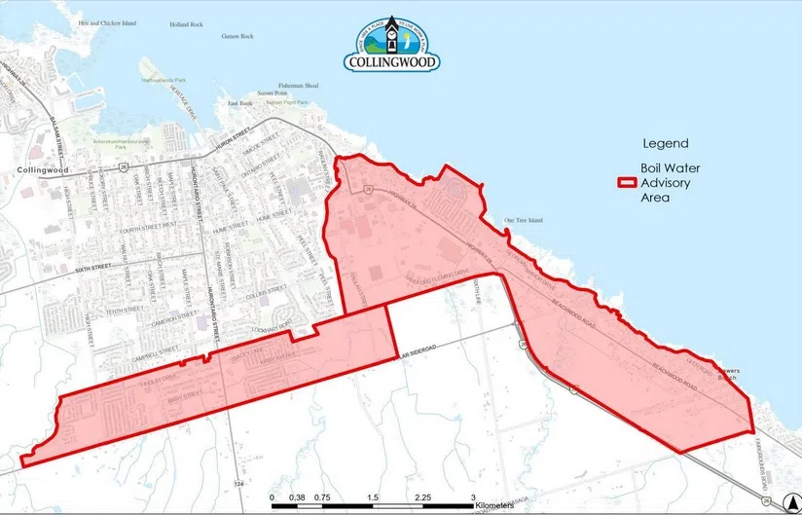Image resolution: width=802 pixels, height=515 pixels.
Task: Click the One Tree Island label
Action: [x=523, y=220]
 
